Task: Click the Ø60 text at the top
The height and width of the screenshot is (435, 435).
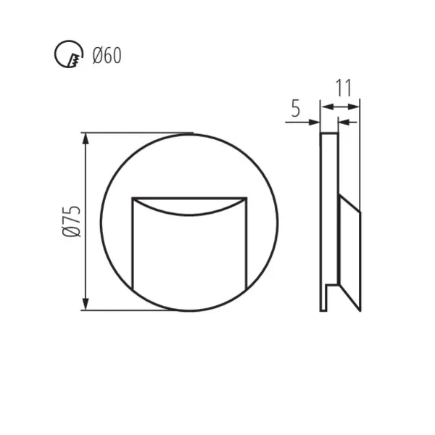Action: pyautogui.click(x=107, y=54)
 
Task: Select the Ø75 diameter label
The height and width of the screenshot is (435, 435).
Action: pyautogui.click(x=70, y=222)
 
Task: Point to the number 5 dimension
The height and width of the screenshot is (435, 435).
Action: pyautogui.click(x=295, y=109)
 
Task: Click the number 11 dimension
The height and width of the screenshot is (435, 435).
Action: pyautogui.click(x=344, y=88)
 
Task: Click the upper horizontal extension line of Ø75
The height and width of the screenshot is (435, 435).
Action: pyautogui.click(x=138, y=133)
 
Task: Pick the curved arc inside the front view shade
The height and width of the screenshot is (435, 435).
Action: pyautogui.click(x=189, y=212)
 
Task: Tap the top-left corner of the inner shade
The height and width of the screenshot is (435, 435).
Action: pyautogui.click(x=132, y=197)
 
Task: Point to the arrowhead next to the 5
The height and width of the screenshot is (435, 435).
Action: pyautogui.click(x=315, y=122)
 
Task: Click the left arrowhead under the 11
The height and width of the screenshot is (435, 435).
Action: pyautogui.click(x=325, y=107)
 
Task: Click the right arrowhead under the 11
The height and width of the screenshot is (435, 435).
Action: pyautogui.click(x=356, y=107)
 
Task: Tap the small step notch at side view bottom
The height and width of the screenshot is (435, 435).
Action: pyautogui.click(x=332, y=289)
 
